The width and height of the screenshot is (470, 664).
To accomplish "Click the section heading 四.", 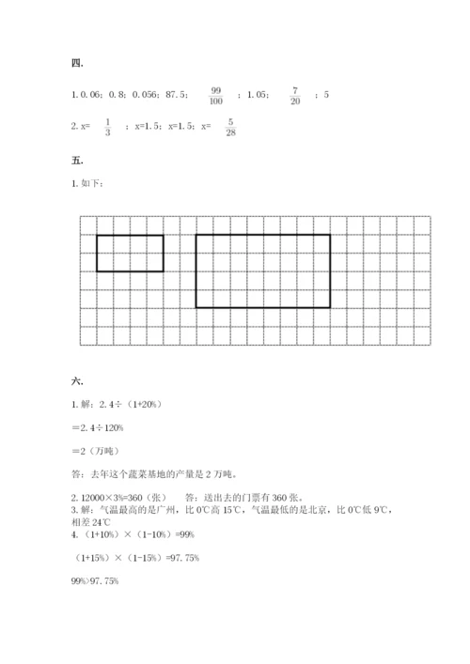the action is [77, 64].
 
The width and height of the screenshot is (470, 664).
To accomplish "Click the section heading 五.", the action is [77, 160].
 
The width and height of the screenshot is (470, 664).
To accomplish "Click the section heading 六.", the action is [77, 381].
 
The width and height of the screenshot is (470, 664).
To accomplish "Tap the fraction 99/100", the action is [216, 95].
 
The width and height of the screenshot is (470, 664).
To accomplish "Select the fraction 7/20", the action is [295, 95].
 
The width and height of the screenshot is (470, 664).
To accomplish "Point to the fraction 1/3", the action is [107, 126].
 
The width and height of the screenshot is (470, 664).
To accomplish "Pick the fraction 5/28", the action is [230, 126].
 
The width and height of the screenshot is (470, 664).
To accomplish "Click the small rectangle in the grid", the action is [130, 254].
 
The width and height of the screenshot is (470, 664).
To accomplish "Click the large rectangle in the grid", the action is [263, 271].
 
